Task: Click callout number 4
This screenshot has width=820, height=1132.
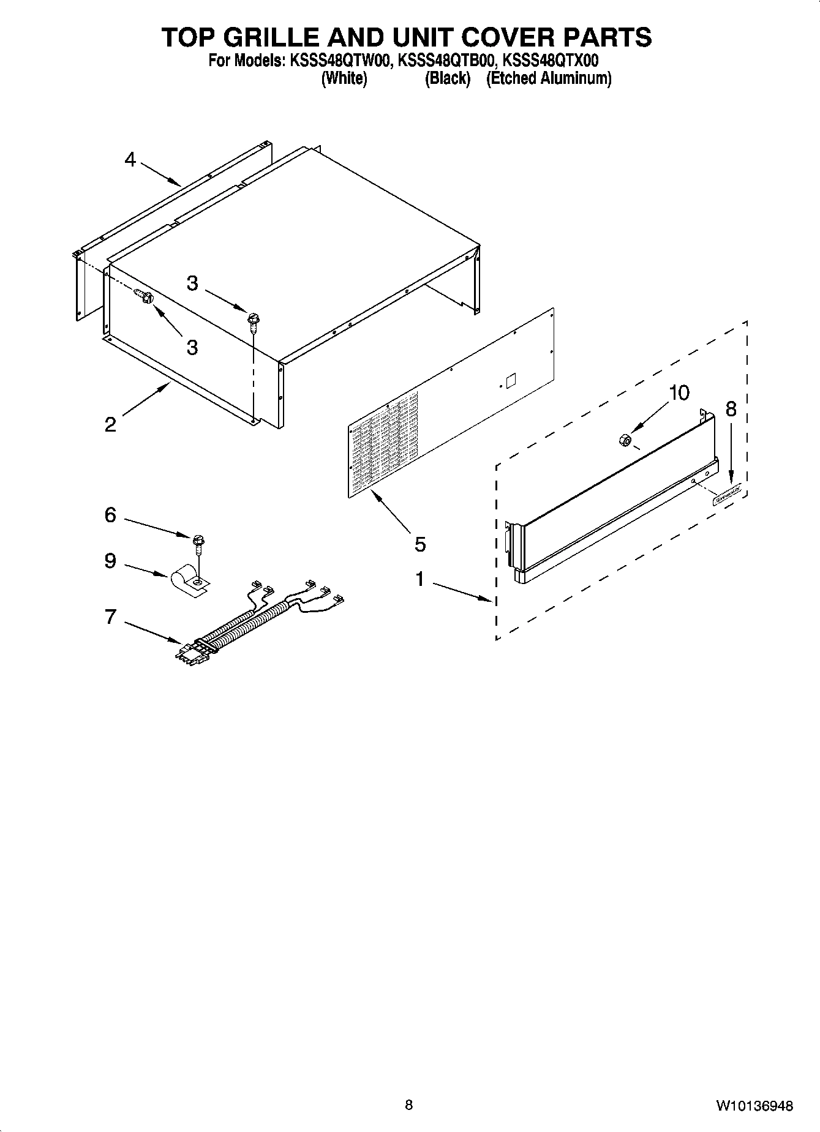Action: pyautogui.click(x=129, y=160)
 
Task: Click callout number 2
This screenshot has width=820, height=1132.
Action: pyautogui.click(x=110, y=424)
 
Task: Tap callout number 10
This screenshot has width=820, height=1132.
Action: pyautogui.click(x=679, y=392)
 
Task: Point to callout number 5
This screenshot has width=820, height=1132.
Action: pyautogui.click(x=419, y=544)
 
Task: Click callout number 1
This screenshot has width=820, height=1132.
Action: pyautogui.click(x=419, y=579)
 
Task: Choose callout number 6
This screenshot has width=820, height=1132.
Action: pyautogui.click(x=110, y=515)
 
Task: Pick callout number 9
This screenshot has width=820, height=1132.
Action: pyautogui.click(x=110, y=560)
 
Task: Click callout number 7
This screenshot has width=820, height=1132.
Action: pyautogui.click(x=110, y=617)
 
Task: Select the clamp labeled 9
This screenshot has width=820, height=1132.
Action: pyautogui.click(x=187, y=580)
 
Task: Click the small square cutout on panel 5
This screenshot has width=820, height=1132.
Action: pyautogui.click(x=511, y=380)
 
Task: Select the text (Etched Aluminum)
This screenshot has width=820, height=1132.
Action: pyautogui.click(x=549, y=78)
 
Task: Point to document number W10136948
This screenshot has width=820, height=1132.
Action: pyautogui.click(x=754, y=1106)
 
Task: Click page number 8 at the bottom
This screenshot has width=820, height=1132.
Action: pyautogui.click(x=409, y=1105)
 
